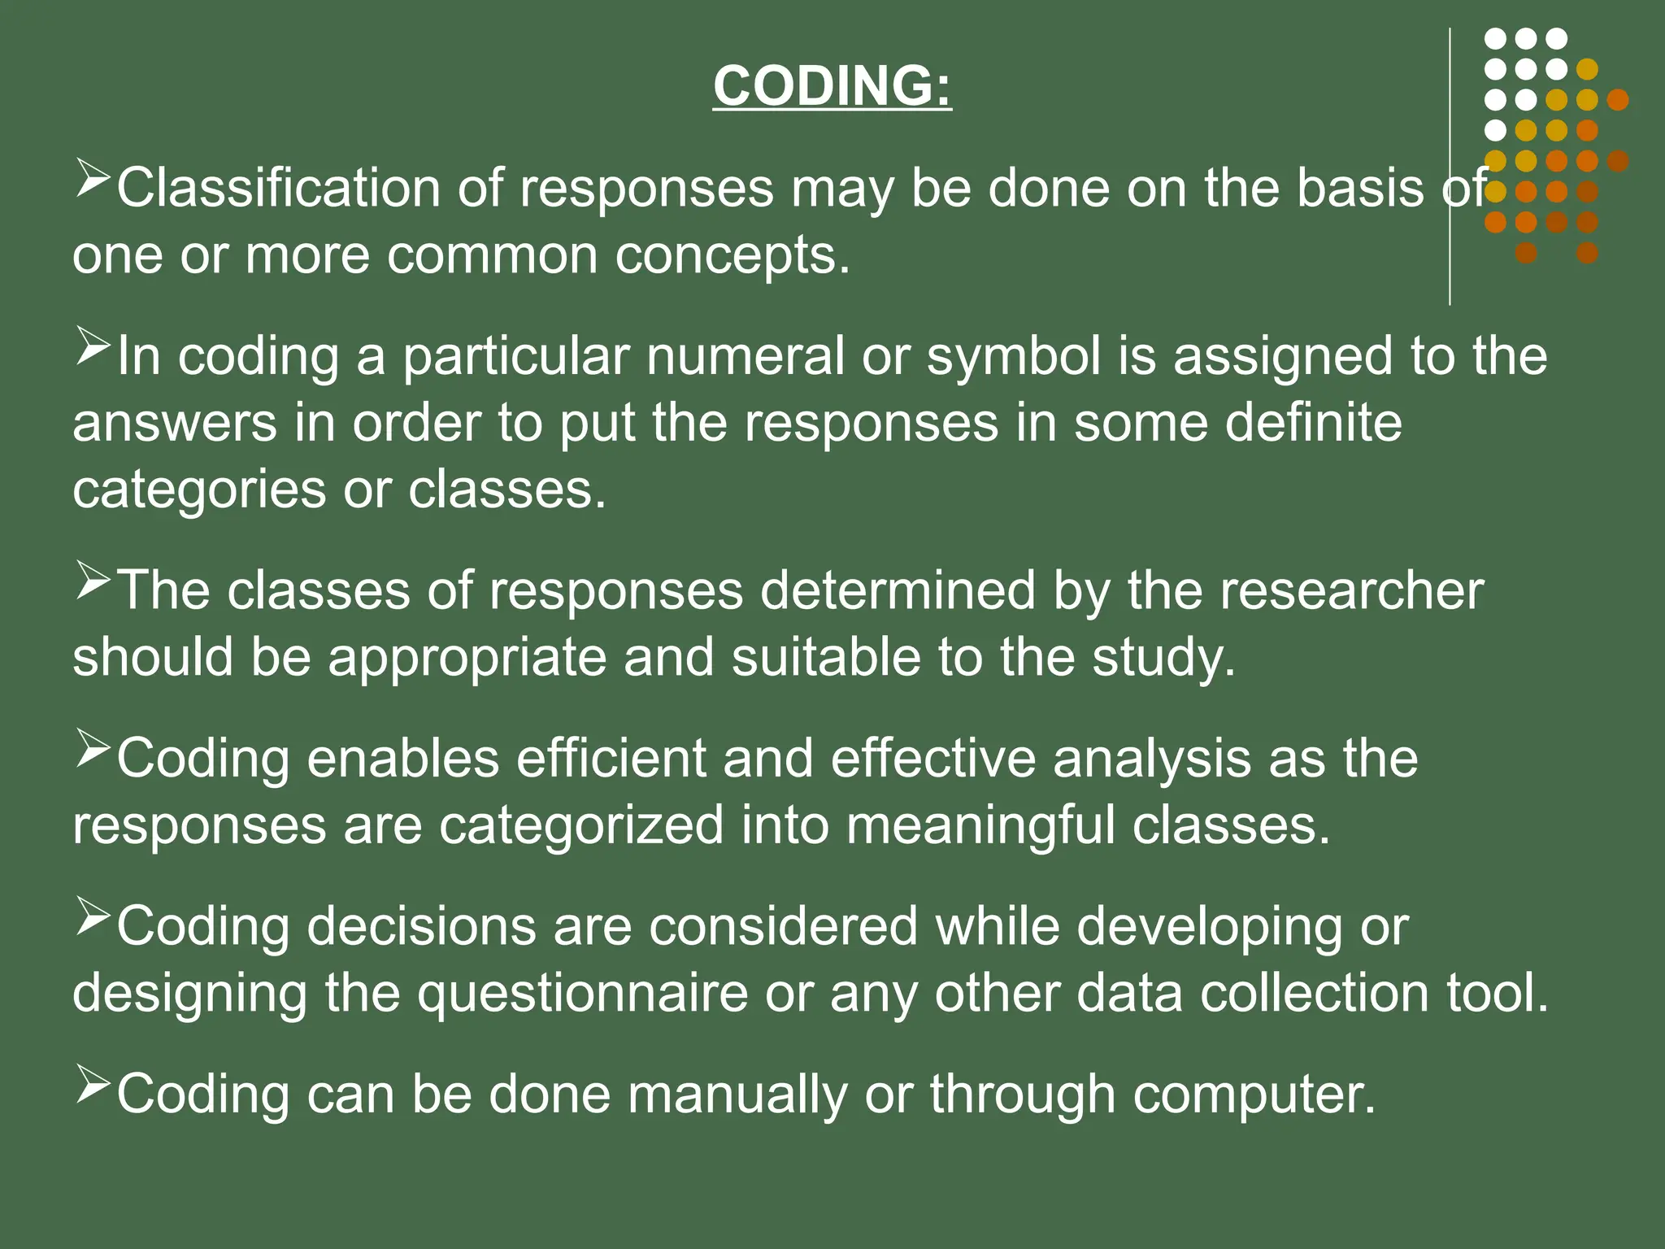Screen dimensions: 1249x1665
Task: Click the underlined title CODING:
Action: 832,85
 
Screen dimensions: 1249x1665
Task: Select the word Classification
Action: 277,189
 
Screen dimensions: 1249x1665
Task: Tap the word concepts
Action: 732,255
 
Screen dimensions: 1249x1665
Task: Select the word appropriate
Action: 467,657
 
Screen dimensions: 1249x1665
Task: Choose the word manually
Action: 737,1095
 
